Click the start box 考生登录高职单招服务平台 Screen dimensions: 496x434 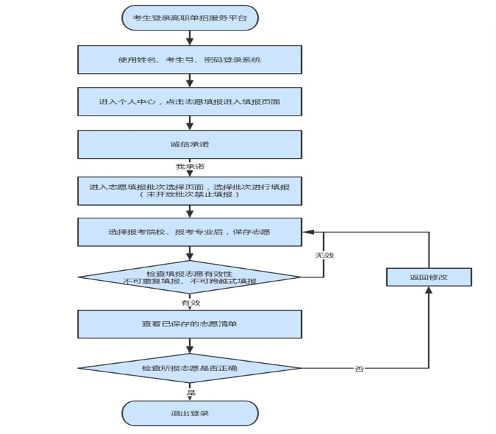tap(190, 18)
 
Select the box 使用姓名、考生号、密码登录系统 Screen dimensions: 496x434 tap(190, 60)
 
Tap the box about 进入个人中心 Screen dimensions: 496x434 tap(190, 101)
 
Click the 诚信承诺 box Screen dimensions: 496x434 tap(190, 145)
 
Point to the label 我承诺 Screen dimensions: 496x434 tap(190, 167)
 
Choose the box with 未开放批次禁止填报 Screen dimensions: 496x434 tap(190, 191)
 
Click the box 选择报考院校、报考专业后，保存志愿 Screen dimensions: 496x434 tap(190, 232)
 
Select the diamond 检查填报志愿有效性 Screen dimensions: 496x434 tap(190, 277)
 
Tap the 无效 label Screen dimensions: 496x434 tap(325, 255)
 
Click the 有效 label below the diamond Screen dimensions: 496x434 tap(191, 303)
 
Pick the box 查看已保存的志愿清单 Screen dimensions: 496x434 tap(190, 324)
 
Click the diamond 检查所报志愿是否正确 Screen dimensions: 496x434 tap(190, 368)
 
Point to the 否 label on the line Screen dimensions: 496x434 tap(359, 369)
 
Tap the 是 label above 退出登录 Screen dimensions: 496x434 tap(191, 393)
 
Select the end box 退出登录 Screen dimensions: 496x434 tap(190, 413)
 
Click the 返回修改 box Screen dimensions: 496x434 tap(429, 277)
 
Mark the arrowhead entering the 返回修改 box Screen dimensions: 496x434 tap(429, 290)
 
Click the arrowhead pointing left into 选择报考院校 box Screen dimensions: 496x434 tap(308, 232)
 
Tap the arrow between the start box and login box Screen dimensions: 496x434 tap(190, 38)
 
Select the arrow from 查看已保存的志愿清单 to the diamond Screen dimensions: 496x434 tap(190, 345)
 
